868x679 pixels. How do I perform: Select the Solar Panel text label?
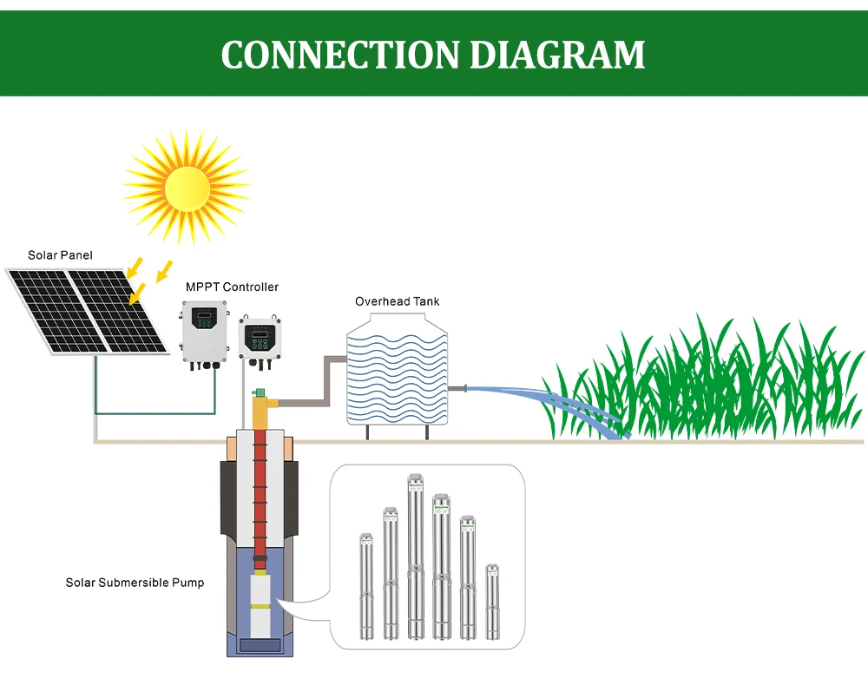[x=60, y=255]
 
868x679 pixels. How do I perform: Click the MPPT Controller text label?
[x=232, y=287]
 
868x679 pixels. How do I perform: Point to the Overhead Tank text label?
[x=397, y=301]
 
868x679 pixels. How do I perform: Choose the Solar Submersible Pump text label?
[x=135, y=583]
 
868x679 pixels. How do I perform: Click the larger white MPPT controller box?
[x=204, y=333]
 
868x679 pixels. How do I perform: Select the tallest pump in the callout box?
[x=415, y=556]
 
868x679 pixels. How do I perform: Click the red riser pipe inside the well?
[x=258, y=504]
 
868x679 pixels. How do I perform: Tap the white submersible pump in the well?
[x=260, y=608]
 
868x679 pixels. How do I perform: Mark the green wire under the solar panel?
[x=156, y=413]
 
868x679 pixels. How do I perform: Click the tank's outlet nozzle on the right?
[x=456, y=388]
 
